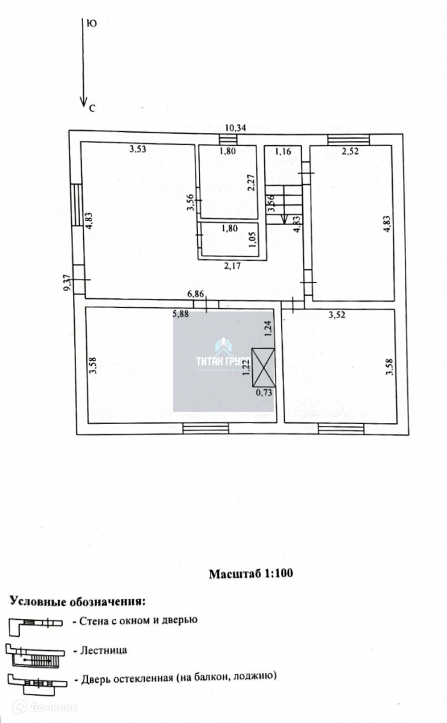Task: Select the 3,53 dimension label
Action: point(138,150)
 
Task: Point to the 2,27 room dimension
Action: point(253,181)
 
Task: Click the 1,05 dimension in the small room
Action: point(253,240)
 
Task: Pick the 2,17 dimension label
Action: point(232,264)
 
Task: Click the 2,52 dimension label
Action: point(350,151)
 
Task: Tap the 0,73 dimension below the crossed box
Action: point(264,393)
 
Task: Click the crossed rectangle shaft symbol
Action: point(264,368)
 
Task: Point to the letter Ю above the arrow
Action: point(92,23)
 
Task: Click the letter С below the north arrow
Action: point(92,108)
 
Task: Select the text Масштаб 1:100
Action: point(250,574)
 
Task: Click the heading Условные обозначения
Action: point(77,601)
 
